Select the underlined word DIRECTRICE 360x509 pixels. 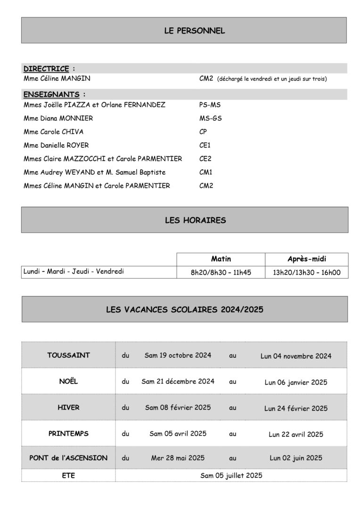pos(46,69)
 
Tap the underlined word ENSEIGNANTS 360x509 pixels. pos(51,94)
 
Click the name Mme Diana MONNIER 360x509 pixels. pos(58,118)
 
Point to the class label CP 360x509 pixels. pos(203,132)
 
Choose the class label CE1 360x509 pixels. pos(205,145)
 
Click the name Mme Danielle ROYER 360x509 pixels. pos(56,145)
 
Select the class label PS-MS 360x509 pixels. pos(210,105)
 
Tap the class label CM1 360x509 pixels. pos(206,172)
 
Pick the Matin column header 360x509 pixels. pos(221,259)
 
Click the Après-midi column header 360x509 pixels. pos(307,259)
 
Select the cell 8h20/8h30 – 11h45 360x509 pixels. pos(221,272)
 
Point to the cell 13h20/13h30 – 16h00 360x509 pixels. pos(307,272)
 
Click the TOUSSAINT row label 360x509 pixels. pos(68,355)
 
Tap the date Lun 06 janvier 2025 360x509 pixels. pos(295,382)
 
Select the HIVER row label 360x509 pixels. pos(68,407)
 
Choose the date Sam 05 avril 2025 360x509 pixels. pos(178,434)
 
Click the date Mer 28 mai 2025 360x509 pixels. pos(178,457)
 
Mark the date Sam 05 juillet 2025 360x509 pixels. pos(231,475)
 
